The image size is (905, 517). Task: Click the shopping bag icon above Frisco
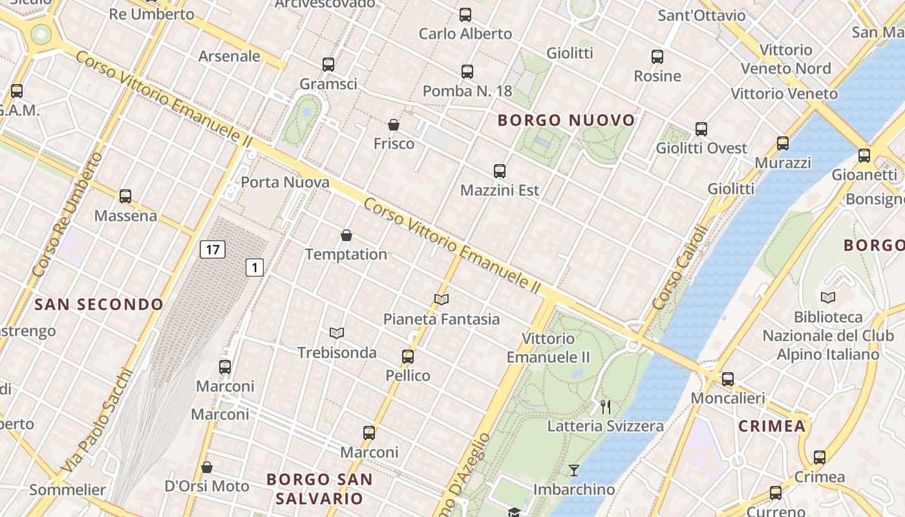tap(394, 125)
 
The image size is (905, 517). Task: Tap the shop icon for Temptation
tap(346, 235)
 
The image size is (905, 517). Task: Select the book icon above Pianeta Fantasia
tap(442, 299)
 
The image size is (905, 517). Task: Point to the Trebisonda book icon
tap(337, 333)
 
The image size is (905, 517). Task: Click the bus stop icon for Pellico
tap(408, 356)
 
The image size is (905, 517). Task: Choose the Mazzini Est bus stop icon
tap(500, 171)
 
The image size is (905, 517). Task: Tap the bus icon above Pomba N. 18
tap(467, 72)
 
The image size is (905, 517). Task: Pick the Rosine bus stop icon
tap(657, 57)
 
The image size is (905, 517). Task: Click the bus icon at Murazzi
tap(783, 143)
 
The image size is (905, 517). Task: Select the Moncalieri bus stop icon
tap(728, 379)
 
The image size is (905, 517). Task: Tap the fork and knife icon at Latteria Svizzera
tap(606, 406)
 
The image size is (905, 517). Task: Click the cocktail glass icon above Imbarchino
tap(573, 470)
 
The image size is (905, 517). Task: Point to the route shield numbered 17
tap(212, 249)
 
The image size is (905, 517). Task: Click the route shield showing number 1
tap(255, 267)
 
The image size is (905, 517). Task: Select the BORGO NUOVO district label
tap(567, 120)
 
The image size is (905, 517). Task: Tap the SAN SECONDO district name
tap(99, 304)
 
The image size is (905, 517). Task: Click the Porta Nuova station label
tap(285, 182)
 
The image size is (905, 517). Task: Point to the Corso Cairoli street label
tap(677, 266)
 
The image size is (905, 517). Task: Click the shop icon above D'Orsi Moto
tap(207, 467)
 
